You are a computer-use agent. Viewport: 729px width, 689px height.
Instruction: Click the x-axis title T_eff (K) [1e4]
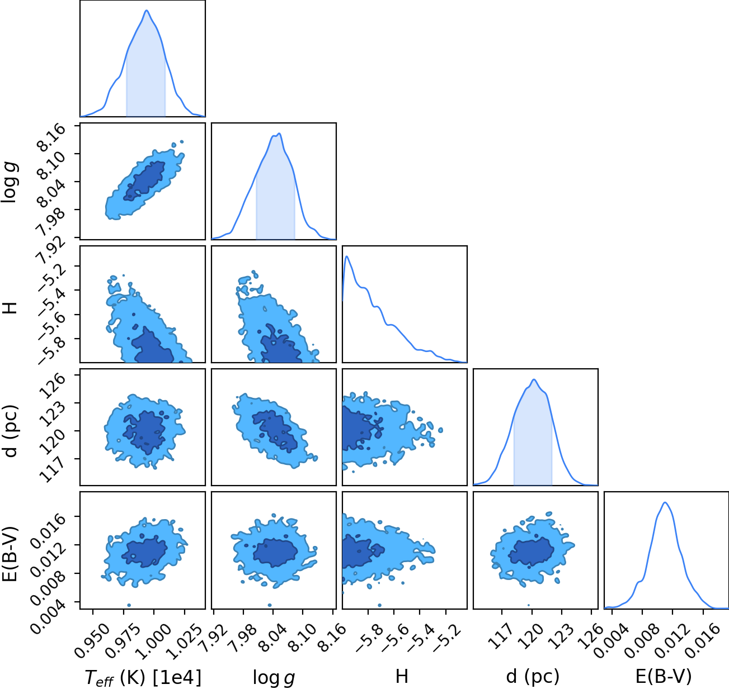[143, 677]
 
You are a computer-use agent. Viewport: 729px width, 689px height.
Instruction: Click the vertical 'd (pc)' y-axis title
[11, 431]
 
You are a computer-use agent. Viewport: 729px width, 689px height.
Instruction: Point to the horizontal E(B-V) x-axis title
[664, 677]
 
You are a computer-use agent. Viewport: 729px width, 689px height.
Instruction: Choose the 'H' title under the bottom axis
[402, 676]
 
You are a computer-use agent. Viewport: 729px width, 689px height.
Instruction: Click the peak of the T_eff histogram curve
[147, 11]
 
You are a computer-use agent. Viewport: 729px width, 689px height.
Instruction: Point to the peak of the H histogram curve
[347, 256]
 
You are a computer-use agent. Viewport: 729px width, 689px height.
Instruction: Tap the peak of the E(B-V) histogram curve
[665, 503]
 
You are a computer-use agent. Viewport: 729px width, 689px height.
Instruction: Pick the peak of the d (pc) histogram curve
[534, 379]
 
